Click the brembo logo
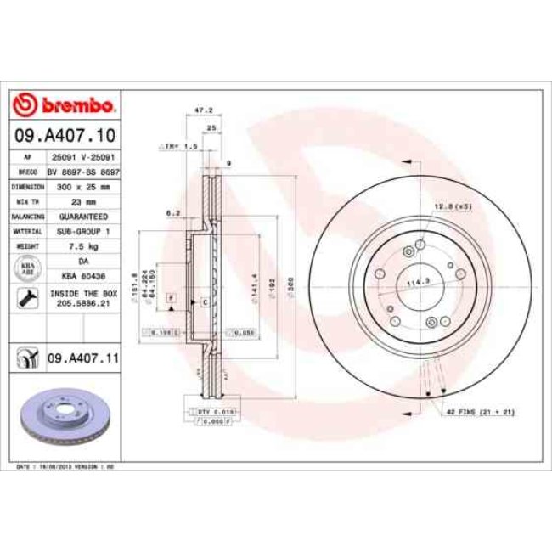(x=64, y=104)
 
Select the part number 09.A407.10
(x=64, y=135)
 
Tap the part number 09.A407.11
(x=82, y=360)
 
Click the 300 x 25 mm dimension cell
(x=82, y=185)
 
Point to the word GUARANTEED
(x=82, y=216)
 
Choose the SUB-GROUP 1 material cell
(x=82, y=231)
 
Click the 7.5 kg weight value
(x=82, y=246)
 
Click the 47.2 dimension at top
(x=203, y=110)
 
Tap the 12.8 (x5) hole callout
(x=453, y=206)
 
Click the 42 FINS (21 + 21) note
(x=480, y=411)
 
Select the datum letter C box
(x=205, y=301)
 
